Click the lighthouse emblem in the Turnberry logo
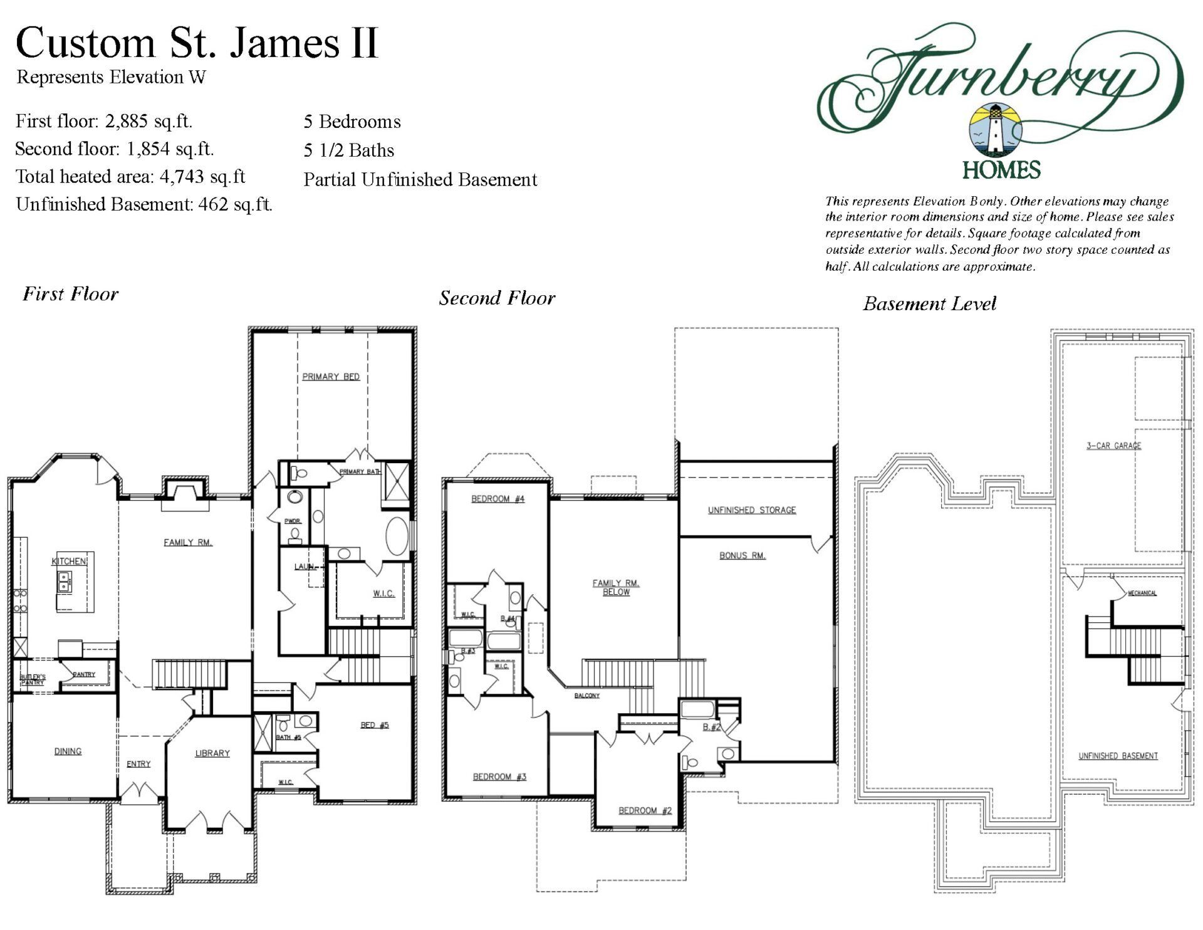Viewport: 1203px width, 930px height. click(x=996, y=130)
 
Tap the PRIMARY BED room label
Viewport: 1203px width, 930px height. click(x=331, y=377)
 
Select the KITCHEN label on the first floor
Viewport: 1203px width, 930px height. click(x=69, y=561)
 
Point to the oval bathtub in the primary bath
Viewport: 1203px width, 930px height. click(x=396, y=536)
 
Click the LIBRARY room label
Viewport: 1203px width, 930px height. click(x=212, y=753)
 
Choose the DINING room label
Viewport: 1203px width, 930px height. click(x=68, y=751)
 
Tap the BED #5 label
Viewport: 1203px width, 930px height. click(x=375, y=725)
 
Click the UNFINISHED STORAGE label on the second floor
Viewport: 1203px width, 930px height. click(x=752, y=510)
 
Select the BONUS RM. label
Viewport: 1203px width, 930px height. click(x=742, y=555)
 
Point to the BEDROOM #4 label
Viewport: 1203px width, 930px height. click(x=498, y=499)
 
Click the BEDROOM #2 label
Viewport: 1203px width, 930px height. click(x=645, y=810)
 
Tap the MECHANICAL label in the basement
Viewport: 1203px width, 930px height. click(x=1142, y=593)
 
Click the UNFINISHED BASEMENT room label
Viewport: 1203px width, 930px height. click(x=1118, y=756)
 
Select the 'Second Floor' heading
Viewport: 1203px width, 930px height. click(x=497, y=298)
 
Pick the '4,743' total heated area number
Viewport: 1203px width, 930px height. click(x=182, y=177)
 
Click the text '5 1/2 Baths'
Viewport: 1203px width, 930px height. click(x=349, y=150)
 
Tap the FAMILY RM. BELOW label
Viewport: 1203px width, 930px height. click(x=616, y=587)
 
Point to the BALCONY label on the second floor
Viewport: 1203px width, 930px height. click(x=587, y=696)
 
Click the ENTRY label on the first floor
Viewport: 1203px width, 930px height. click(x=138, y=763)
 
